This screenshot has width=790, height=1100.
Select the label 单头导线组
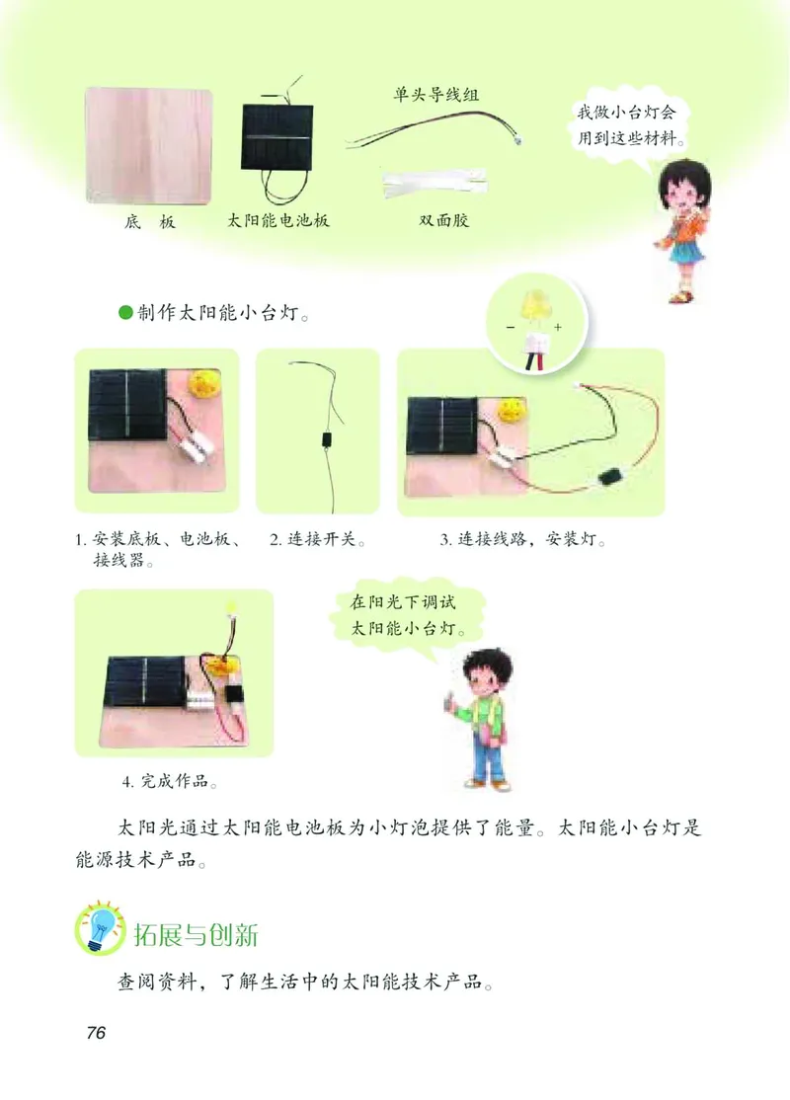(x=436, y=97)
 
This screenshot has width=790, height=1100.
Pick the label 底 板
(x=150, y=222)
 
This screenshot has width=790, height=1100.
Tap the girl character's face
(x=680, y=187)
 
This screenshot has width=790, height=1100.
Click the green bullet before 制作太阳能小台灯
(x=124, y=313)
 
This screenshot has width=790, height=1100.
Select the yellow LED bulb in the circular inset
(x=537, y=304)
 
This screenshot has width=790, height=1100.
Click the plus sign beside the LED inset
(x=558, y=327)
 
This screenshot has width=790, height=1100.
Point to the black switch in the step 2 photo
(x=325, y=440)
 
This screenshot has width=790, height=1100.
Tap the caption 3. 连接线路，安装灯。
(x=522, y=541)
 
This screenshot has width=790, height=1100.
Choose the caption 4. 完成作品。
(x=171, y=782)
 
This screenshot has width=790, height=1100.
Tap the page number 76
(x=96, y=1033)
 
